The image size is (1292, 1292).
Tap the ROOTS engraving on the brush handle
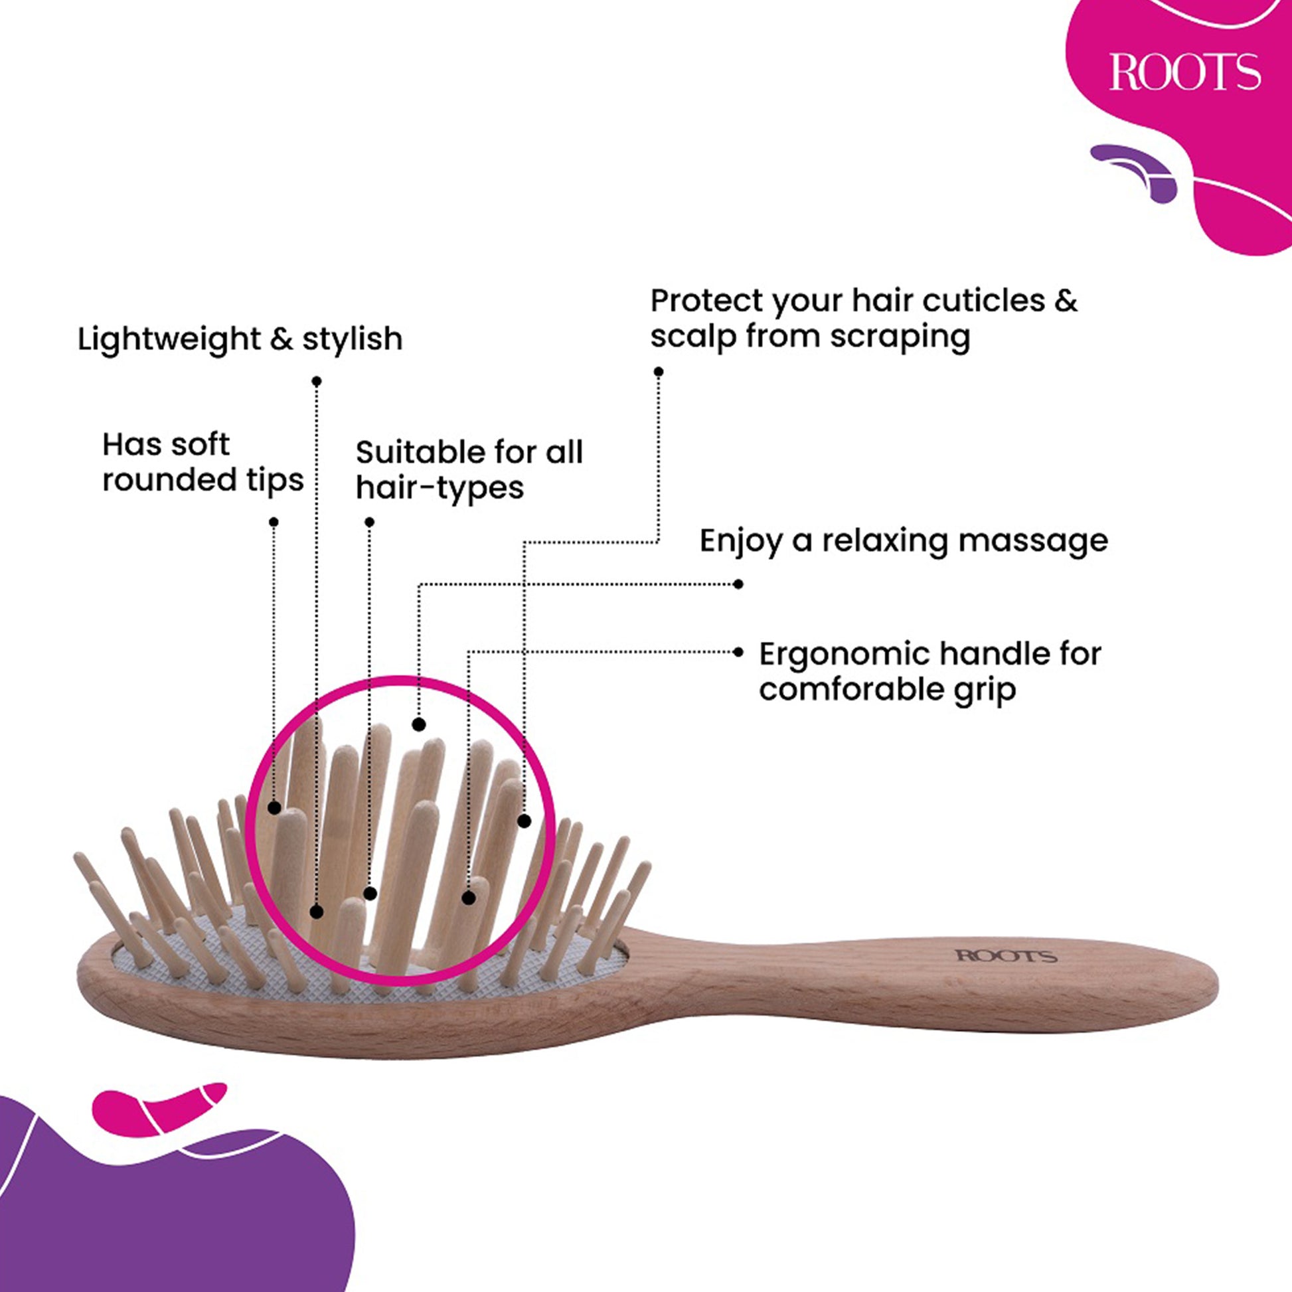(1006, 955)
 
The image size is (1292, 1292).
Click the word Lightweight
(168, 339)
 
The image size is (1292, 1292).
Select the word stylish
(353, 339)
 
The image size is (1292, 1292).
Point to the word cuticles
(984, 301)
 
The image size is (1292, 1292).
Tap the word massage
(1032, 540)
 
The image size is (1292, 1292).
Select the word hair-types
(440, 488)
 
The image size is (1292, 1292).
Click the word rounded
(169, 480)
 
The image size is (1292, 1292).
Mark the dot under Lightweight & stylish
(316, 381)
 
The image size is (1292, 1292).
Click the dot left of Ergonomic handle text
(738, 652)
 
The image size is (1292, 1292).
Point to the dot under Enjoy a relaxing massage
(738, 584)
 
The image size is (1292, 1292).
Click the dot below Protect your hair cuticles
(659, 372)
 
